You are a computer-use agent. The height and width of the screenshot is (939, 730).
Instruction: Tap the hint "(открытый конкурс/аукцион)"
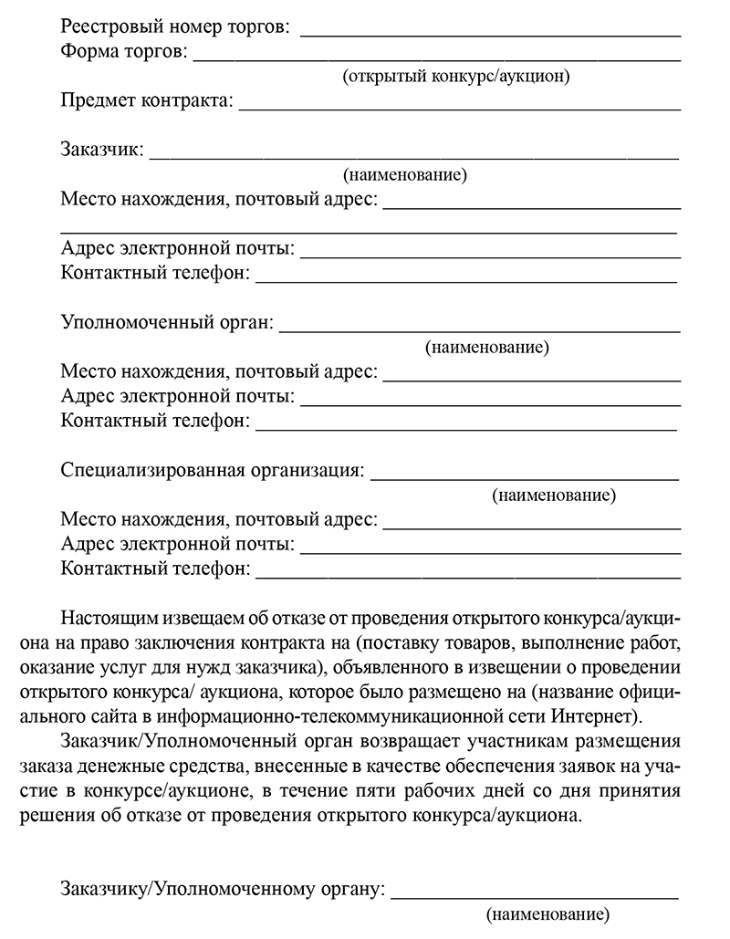[x=456, y=77]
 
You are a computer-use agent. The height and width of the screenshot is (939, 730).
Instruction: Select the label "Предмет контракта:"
[x=147, y=101]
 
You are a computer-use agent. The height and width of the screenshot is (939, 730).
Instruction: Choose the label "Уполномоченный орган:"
[x=167, y=322]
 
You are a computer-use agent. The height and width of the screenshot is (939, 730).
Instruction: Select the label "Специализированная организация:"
[x=213, y=471]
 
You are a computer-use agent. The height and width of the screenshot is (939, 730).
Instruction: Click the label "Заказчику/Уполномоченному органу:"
[x=223, y=889]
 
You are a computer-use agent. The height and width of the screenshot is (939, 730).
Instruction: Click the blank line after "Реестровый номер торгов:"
[x=491, y=34]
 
